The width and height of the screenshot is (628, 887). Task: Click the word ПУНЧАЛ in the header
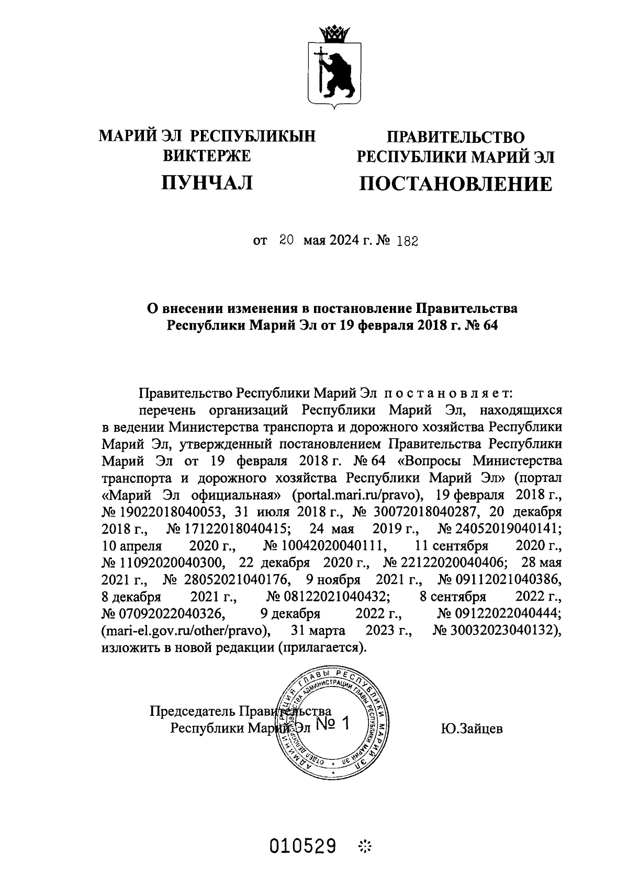[208, 183]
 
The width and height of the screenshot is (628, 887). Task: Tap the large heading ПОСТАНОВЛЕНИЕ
[455, 184]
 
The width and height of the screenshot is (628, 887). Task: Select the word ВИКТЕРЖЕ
[208, 155]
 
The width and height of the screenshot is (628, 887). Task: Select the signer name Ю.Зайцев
[472, 728]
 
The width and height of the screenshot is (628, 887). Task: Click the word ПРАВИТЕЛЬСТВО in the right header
[455, 138]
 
